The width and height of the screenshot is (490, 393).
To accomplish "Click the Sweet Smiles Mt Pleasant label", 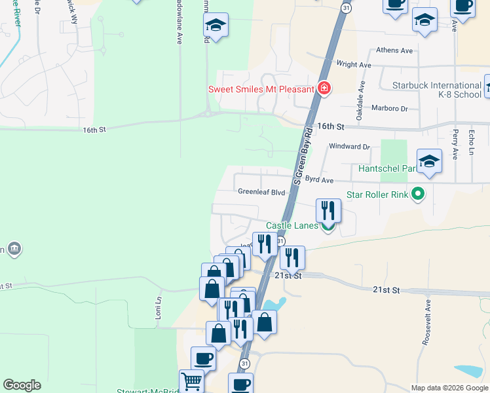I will pyautogui.click(x=261, y=89).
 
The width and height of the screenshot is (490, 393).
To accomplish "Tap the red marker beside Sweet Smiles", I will pyautogui.click(x=323, y=88).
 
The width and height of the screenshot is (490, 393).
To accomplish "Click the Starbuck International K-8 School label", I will pyautogui.click(x=437, y=90).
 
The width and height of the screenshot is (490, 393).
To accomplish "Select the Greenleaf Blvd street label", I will pyautogui.click(x=261, y=193).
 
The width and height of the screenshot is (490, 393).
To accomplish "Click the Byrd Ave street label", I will pyautogui.click(x=320, y=179).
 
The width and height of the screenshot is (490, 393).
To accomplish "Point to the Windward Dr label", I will pyautogui.click(x=349, y=147).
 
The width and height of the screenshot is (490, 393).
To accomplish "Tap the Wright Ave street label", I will pyautogui.click(x=353, y=65).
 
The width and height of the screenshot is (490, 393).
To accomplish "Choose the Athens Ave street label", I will pyautogui.click(x=394, y=50).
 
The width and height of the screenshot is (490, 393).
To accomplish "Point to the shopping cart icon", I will pyautogui.click(x=191, y=381).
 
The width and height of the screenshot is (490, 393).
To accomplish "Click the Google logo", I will pyautogui.click(x=22, y=385).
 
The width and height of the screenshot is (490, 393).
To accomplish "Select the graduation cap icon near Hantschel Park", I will pyautogui.click(x=429, y=160).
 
